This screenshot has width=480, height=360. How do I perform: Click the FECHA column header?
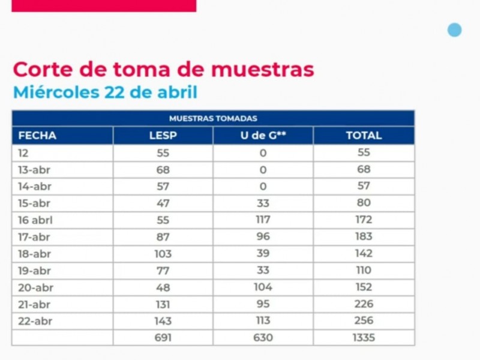click(37, 136)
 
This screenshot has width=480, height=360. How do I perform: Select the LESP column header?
click(163, 136)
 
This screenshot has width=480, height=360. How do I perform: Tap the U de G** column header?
click(263, 136)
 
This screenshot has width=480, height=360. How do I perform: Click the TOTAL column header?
click(364, 136)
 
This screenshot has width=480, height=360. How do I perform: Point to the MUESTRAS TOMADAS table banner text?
click(213, 118)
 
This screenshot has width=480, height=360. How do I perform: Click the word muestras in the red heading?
click(263, 70)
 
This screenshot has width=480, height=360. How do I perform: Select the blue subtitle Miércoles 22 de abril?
click(106, 92)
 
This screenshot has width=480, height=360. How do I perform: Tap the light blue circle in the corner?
click(454, 30)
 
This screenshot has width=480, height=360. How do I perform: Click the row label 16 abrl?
click(35, 220)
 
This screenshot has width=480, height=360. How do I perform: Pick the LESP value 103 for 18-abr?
click(163, 254)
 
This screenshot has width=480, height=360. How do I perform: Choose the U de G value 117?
click(263, 220)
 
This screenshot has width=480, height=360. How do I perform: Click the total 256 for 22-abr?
click(364, 320)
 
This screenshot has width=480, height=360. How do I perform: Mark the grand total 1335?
click(364, 338)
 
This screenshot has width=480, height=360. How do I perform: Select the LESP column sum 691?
click(163, 338)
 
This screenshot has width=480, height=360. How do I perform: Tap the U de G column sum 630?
click(263, 338)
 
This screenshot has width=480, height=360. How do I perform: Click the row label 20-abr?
click(35, 288)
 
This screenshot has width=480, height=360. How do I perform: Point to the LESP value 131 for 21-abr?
click(163, 305)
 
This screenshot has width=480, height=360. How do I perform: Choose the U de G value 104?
click(263, 287)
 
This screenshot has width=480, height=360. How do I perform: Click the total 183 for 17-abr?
click(364, 236)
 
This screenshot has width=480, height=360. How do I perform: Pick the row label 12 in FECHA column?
click(23, 153)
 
